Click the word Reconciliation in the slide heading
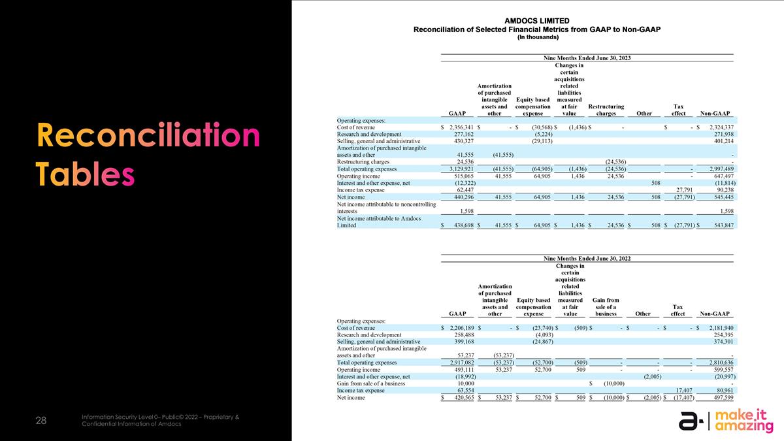tap(148, 137)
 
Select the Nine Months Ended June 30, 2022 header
tap(587, 259)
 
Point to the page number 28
tap(41, 421)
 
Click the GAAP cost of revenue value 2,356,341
tap(458, 127)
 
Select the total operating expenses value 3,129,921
tap(458, 168)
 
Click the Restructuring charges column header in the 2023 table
tap(606, 110)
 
